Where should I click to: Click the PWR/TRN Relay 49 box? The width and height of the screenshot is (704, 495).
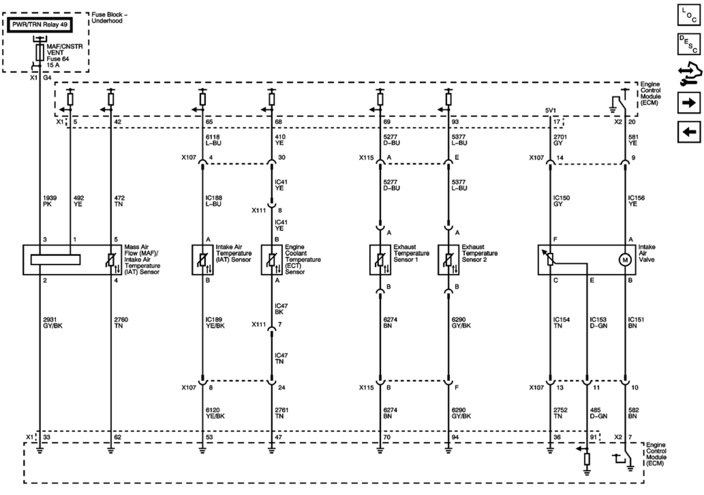point(40,25)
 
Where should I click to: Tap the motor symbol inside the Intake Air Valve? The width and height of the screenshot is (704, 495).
point(625,260)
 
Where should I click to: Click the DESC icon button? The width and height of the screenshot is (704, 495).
point(689,44)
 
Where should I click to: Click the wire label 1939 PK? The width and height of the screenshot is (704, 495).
point(49,201)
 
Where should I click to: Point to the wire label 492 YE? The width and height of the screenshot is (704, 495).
point(79,201)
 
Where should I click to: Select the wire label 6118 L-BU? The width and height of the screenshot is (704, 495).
point(213,140)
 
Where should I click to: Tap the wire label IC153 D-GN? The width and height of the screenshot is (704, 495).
point(598,322)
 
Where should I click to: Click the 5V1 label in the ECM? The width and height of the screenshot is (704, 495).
point(550,111)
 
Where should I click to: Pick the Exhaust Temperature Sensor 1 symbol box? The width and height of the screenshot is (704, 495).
point(380,260)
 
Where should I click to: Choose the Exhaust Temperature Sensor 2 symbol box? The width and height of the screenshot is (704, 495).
point(448,260)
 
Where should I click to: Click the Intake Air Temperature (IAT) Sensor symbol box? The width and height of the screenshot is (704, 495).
point(203,260)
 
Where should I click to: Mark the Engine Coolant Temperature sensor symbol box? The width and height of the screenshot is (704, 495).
point(271,260)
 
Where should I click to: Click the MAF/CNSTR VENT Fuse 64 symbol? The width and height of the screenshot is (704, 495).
point(40,53)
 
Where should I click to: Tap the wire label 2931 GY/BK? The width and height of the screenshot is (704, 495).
point(53,322)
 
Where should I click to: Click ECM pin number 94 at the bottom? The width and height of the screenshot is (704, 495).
point(455,437)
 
